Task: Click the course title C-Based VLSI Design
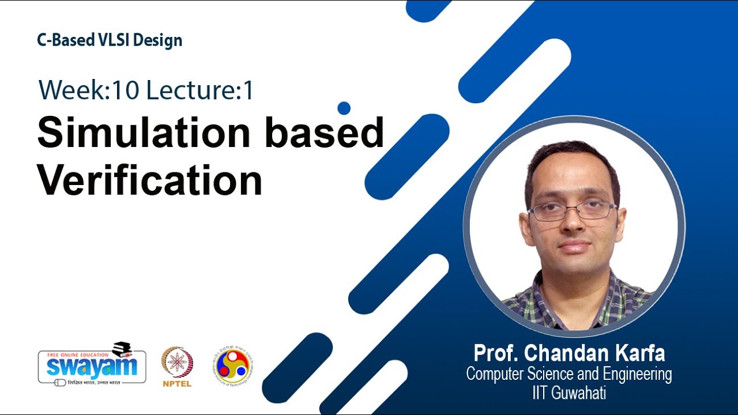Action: coord(110,40)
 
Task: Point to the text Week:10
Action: coord(89,90)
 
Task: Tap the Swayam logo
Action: coord(92,366)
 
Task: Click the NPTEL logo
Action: coord(177,363)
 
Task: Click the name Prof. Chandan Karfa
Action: coord(569,353)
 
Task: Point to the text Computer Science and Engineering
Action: coord(569,374)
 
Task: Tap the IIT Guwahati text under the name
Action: coord(569,393)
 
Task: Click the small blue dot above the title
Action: coord(344,108)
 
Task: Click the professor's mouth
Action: coord(574,246)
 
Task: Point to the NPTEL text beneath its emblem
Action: coord(177,383)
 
